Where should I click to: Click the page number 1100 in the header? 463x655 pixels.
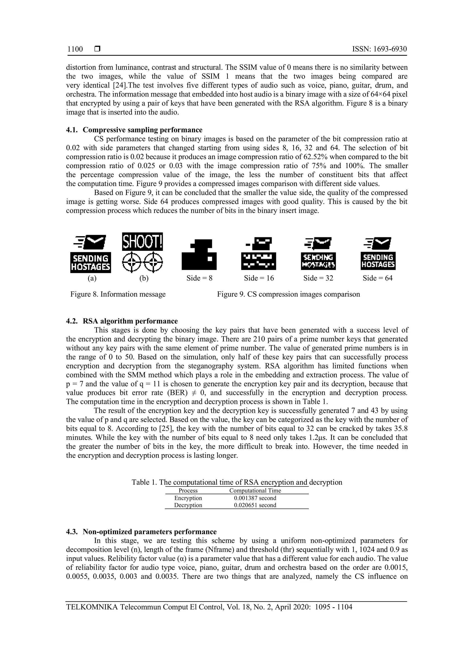75,49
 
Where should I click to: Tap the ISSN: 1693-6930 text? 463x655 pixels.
380,49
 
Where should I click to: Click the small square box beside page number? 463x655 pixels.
97,49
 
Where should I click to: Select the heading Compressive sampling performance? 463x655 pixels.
142,130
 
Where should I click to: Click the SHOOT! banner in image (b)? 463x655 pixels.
142,242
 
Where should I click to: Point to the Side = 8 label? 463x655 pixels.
199,278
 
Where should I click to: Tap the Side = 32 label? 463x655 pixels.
318,278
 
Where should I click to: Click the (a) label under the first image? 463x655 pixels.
92,278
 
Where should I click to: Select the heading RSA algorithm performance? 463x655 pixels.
130,321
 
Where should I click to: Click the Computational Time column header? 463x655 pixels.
255,491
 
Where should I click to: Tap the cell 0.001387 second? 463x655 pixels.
255,498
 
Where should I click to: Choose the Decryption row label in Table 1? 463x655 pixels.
188,505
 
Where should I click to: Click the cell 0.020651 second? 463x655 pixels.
255,505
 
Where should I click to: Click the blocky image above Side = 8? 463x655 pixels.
199,254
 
